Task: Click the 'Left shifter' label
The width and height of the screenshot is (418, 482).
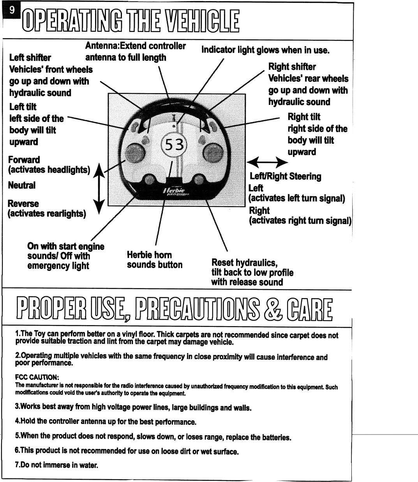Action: click(30, 58)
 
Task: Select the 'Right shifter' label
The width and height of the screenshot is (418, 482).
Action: click(292, 67)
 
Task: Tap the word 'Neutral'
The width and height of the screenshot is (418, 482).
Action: click(21, 185)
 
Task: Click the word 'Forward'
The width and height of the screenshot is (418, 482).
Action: click(24, 160)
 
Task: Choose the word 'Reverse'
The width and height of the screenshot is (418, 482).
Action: click(23, 204)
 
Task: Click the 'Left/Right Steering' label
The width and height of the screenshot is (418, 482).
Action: click(286, 177)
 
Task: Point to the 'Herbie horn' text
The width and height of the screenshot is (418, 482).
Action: click(149, 255)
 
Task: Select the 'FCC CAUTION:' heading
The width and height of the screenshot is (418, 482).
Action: click(37, 378)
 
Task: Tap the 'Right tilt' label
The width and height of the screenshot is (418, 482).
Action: click(303, 117)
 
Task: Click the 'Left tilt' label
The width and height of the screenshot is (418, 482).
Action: click(23, 107)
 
